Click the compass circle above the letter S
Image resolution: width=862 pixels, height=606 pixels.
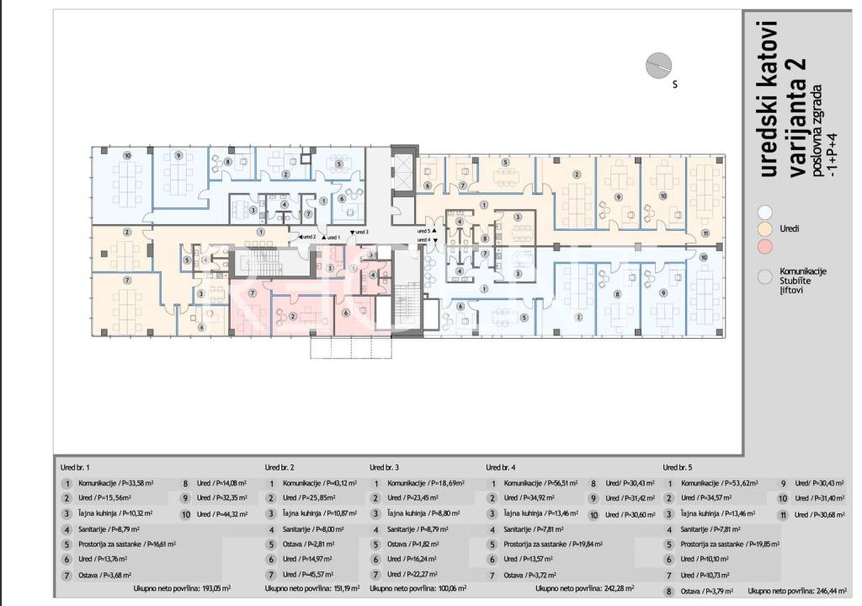pyautogui.click(x=657, y=65)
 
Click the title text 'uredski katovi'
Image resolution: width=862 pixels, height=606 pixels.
pyautogui.click(x=768, y=99)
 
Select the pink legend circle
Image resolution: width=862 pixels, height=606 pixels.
pyautogui.click(x=764, y=245)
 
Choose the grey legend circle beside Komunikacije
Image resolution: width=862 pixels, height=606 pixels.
pyautogui.click(x=764, y=276)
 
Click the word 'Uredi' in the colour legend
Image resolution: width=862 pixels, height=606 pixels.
pyautogui.click(x=790, y=228)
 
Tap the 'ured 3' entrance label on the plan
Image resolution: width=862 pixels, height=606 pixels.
pyautogui.click(x=359, y=231)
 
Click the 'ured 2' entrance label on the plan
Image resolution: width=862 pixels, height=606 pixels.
pyautogui.click(x=307, y=237)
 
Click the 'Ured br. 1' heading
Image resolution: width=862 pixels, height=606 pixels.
pyautogui.click(x=76, y=466)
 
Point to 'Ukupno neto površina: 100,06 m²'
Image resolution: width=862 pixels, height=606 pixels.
pyautogui.click(x=420, y=589)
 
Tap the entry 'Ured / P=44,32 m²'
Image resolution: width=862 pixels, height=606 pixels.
pyautogui.click(x=221, y=513)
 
